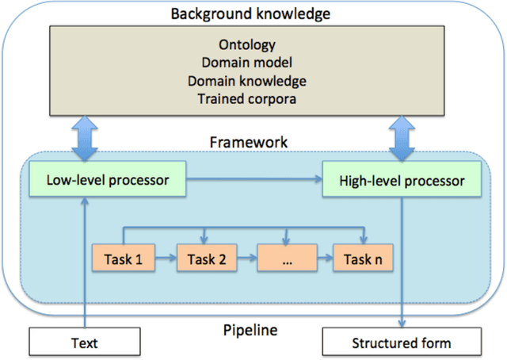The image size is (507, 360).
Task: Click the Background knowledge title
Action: (x=253, y=13)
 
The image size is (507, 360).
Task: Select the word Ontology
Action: (x=253, y=46)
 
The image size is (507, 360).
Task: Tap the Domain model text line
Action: (x=253, y=63)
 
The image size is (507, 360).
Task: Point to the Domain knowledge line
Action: (x=253, y=81)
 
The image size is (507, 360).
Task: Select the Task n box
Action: (x=364, y=259)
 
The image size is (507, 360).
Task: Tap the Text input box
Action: (x=84, y=343)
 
